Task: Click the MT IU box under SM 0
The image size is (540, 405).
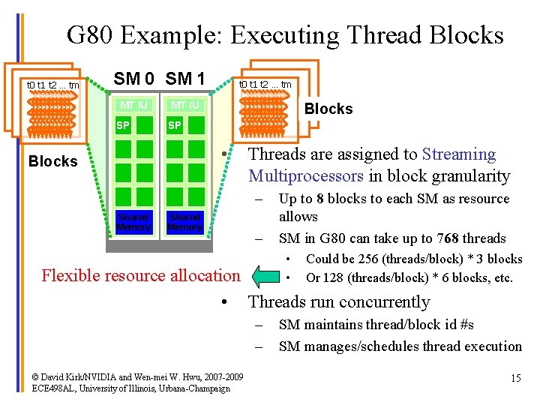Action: coord(134,105)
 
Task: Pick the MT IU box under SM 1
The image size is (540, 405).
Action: coord(184,105)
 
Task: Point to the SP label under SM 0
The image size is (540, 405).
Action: coord(123,125)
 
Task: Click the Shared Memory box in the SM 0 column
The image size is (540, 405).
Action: coord(134,222)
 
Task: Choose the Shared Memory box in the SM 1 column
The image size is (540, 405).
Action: coord(184,222)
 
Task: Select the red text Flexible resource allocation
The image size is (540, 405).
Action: coord(141,275)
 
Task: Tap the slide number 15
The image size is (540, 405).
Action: coord(515,379)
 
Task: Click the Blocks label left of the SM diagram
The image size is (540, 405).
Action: coord(52,161)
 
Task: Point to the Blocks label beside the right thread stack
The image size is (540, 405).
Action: coord(328,109)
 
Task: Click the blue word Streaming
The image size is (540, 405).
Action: coord(459,154)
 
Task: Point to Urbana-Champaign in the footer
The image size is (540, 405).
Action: coord(193,388)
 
